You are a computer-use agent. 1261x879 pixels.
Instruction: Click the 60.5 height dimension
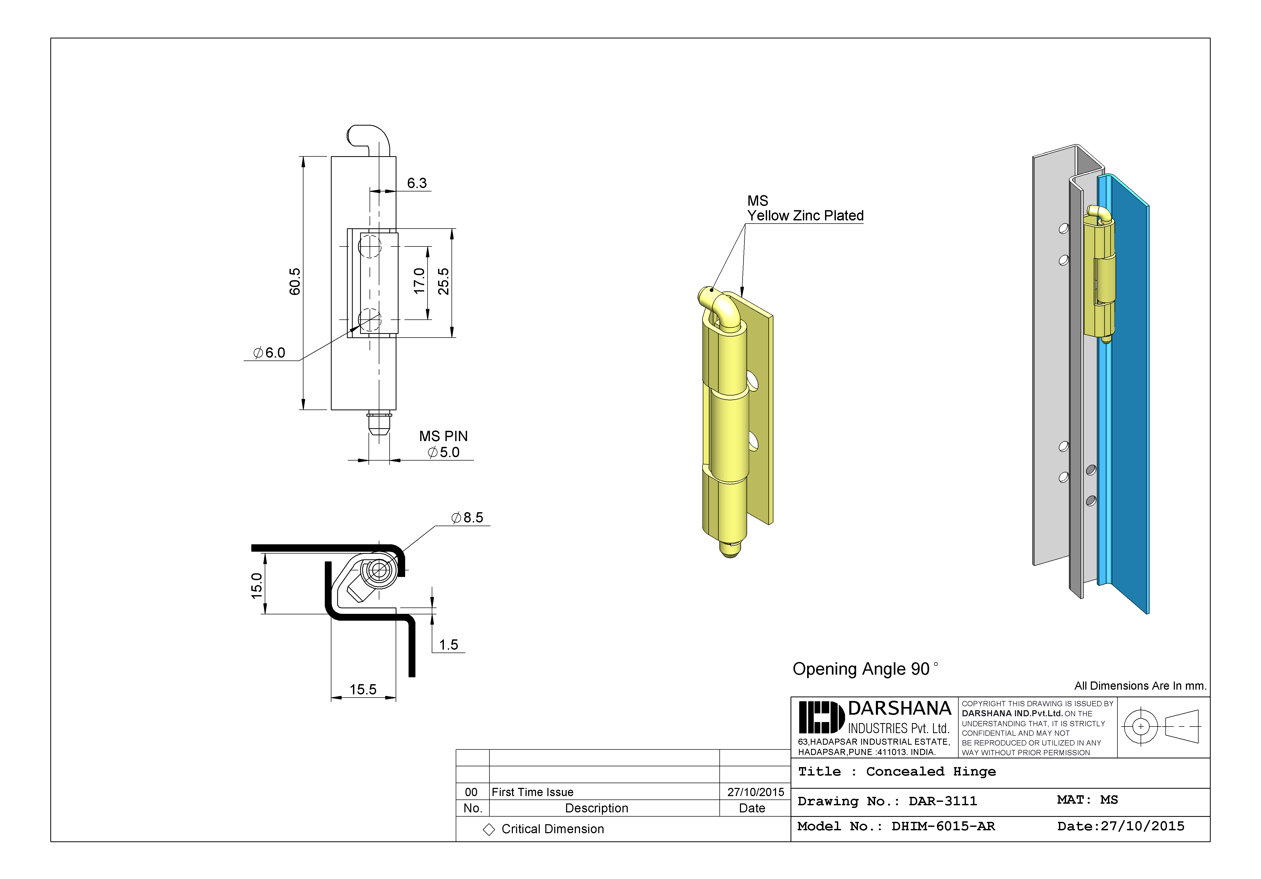295,282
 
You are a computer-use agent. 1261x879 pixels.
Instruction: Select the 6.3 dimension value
417,183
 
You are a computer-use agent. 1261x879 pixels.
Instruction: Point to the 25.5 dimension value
443,282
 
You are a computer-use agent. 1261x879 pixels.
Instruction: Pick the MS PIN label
443,437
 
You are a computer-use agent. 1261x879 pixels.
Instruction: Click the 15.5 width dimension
363,690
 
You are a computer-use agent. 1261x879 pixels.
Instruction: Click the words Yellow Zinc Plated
805,216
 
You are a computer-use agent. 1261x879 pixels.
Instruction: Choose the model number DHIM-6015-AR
943,826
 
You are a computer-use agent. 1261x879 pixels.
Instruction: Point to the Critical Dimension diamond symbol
489,829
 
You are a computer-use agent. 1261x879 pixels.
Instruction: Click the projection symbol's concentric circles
1141,726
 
